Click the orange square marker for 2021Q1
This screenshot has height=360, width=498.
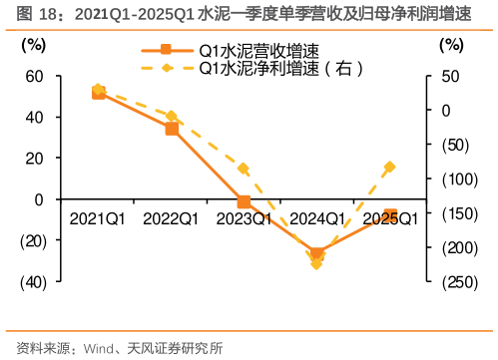98,93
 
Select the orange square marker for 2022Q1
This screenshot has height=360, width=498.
172,129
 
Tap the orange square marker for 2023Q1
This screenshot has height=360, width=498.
245,201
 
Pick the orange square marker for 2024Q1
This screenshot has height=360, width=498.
317,254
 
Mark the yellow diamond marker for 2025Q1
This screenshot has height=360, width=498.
390,167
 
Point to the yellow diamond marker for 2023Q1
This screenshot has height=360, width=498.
245,170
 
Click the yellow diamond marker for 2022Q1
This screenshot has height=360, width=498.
172,117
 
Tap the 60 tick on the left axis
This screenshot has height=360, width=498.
34,76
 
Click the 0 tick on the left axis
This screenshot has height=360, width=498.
40,199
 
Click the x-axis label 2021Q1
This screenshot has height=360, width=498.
98,218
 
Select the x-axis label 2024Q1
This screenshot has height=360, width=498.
317,218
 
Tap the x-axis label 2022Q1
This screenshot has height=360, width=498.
172,218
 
